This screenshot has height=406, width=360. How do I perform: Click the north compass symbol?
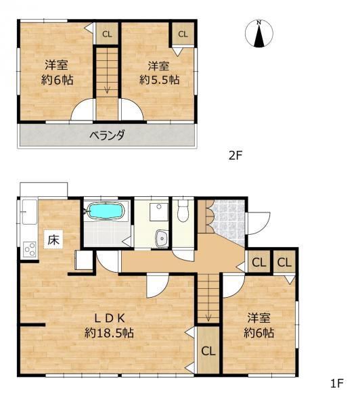259,34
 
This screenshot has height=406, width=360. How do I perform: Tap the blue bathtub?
106,211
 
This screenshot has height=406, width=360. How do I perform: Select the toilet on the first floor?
183,210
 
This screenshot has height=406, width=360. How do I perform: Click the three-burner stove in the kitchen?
30,249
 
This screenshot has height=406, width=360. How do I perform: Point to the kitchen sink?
30,212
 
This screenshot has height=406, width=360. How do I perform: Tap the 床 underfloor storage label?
53,240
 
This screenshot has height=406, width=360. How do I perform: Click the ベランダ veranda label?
107,135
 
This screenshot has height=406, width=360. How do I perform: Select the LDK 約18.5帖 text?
110,325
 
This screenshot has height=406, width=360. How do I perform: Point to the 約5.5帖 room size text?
160,80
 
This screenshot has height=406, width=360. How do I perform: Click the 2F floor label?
235,156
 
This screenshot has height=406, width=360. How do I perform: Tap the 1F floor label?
337,384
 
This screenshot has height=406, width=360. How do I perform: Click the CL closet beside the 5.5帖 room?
183,34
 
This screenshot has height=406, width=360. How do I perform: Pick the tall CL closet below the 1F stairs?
208,351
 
